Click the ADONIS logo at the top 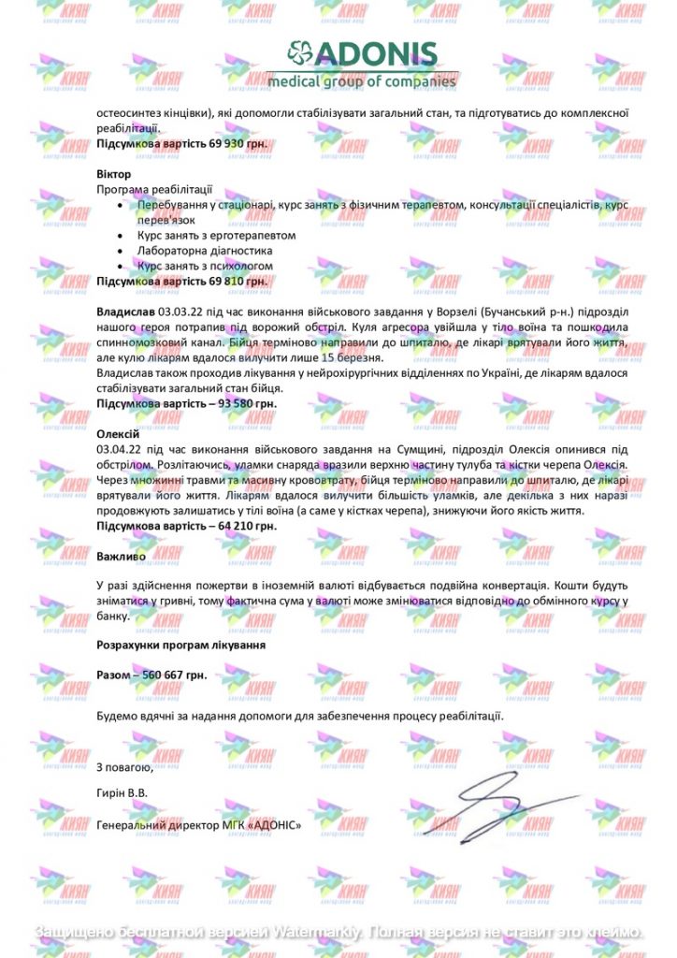362,64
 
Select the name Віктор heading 114,175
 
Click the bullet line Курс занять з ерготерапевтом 216,236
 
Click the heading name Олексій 118,434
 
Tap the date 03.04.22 119,450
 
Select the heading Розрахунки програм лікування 181,645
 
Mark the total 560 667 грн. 175,675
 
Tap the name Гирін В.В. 122,794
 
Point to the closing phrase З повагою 124,767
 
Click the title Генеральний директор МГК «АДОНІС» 199,825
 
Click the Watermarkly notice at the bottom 338,933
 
